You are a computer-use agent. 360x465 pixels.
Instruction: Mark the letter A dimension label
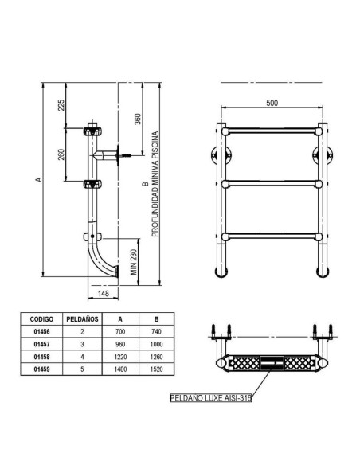pos(37,181)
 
